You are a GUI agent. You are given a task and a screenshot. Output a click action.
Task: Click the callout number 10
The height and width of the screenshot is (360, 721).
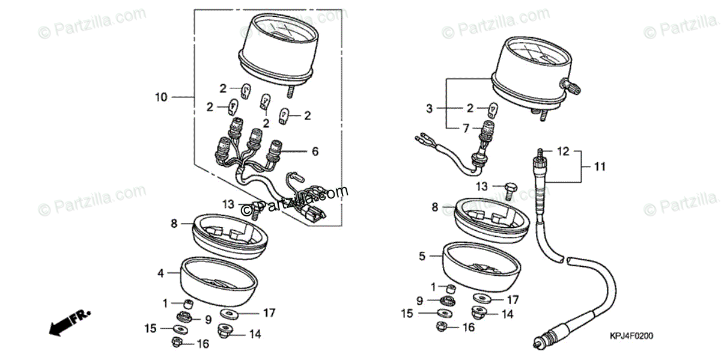pos(160,97)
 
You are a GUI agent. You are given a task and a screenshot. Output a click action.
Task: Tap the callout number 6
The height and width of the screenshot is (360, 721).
pos(315,153)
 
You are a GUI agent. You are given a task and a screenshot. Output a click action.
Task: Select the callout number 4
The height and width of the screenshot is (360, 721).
pos(160,273)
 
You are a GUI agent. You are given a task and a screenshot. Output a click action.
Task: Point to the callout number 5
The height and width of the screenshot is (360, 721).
pos(422,257)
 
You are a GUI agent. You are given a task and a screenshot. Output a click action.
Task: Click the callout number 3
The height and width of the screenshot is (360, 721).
pos(430,109)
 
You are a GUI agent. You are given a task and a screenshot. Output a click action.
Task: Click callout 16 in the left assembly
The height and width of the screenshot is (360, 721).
pos(203,344)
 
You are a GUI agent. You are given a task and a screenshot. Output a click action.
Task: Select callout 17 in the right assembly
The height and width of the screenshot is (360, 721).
pos(513,299)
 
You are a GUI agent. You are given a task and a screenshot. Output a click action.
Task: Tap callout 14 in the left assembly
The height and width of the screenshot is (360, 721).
pos(255,335)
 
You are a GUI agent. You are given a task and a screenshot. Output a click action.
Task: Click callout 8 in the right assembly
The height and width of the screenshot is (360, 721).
pos(435,207)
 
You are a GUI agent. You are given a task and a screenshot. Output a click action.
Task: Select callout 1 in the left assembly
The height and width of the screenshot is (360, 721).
pos(165,302)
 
